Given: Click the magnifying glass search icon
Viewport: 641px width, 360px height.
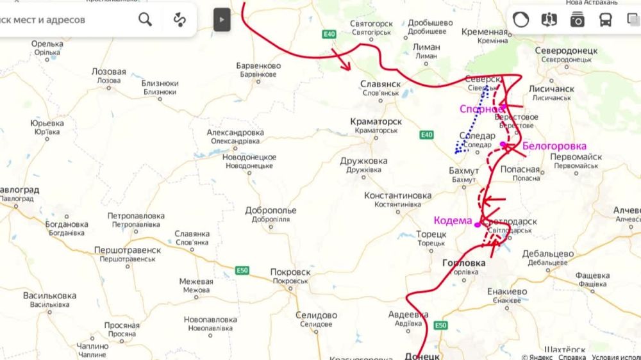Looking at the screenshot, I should [x=146, y=20].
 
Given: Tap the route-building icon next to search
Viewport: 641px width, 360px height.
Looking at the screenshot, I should [x=179, y=20].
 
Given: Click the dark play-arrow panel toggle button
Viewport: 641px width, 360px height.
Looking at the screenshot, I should [x=222, y=19].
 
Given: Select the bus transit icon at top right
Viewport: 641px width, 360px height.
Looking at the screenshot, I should [x=605, y=20].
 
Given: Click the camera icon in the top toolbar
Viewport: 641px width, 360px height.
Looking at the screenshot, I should [x=577, y=20].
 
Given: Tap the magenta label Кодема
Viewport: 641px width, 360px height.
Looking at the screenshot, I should [x=453, y=220].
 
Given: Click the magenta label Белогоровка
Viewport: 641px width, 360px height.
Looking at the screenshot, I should [x=545, y=146].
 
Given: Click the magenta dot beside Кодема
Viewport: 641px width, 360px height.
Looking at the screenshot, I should [x=477, y=224].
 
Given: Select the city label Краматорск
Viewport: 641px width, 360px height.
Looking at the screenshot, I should [x=376, y=121].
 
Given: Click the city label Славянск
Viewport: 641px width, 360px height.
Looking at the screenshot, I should [x=380, y=84].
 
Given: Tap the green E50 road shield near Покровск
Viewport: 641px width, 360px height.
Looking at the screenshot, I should [x=242, y=270].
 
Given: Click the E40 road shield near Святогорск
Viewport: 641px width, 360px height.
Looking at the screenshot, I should [x=329, y=34].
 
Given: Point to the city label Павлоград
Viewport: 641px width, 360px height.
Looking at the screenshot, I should [x=18, y=190].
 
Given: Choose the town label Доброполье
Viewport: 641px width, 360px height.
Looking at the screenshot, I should [x=271, y=210].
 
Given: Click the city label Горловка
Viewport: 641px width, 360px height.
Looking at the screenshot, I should [x=463, y=263].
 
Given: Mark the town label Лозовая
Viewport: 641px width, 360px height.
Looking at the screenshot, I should [x=108, y=72].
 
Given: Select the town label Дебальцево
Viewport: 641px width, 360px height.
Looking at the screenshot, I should [x=547, y=254].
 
